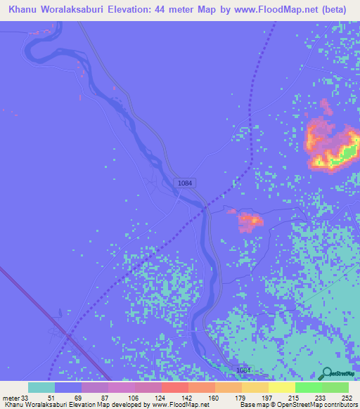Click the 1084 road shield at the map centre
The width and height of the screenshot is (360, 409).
click(185, 183)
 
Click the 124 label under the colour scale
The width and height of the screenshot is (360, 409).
click(161, 398)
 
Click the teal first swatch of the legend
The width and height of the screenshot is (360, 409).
click(41, 387)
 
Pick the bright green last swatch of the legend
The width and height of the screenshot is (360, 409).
click(335, 387)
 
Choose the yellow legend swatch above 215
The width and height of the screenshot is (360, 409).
click(282, 387)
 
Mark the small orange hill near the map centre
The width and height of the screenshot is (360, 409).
click(250, 221)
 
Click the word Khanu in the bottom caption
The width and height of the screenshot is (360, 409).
click(12, 405)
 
